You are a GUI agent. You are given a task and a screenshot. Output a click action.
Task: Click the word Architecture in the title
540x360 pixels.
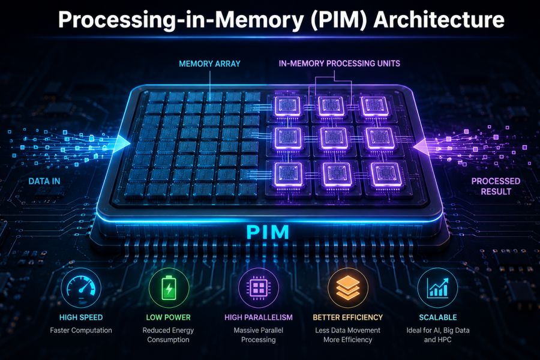point(439,19)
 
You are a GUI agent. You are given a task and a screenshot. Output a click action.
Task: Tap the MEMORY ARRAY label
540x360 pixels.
point(210,64)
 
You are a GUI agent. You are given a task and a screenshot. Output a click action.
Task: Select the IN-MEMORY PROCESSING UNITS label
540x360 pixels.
point(340,64)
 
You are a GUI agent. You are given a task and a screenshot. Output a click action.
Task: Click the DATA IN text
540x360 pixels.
point(44,181)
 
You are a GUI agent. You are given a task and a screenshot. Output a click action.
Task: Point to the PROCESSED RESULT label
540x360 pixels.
point(496,186)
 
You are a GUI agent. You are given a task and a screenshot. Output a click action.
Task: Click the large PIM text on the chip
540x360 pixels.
point(268,232)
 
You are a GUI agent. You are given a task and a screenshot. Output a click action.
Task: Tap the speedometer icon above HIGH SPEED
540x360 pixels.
point(81,288)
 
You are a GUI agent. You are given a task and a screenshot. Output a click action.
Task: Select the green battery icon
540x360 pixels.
point(169,288)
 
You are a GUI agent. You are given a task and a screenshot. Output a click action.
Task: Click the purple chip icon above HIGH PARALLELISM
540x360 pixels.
point(258,288)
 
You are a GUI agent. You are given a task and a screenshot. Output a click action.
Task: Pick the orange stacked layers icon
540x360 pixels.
point(348,288)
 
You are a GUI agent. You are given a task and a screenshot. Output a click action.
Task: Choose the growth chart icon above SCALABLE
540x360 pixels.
point(438,288)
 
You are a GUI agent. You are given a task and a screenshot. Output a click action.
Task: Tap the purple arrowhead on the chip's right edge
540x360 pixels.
point(420,147)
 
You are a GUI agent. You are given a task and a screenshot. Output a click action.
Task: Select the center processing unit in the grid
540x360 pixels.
point(334,138)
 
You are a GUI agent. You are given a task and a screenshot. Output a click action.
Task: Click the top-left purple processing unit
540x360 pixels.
point(287,106)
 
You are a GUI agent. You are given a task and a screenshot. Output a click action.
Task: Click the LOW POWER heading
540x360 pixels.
point(169,317)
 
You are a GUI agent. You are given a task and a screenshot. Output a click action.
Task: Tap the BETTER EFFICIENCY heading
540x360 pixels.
point(348,317)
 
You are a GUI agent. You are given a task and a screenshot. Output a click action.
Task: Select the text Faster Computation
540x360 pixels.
point(81,331)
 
